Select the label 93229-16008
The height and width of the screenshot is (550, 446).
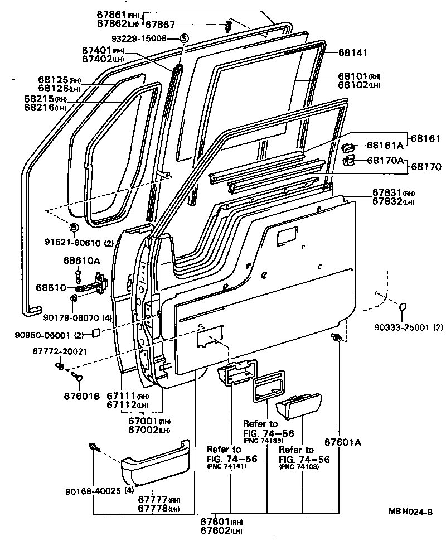click(138, 38)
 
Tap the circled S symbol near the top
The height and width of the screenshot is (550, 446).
click(184, 38)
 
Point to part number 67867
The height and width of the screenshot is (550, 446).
click(160, 24)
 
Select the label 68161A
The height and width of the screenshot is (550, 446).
click(384, 145)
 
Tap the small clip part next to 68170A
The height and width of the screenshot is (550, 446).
click(348, 161)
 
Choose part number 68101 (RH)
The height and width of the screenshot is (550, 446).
click(358, 76)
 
